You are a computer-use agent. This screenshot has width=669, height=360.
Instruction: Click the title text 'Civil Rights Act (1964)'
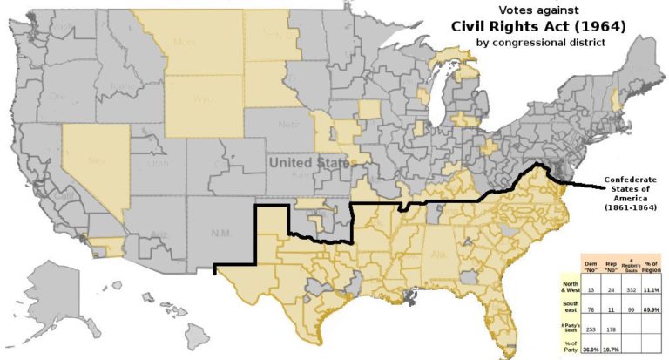pos(537,25)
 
